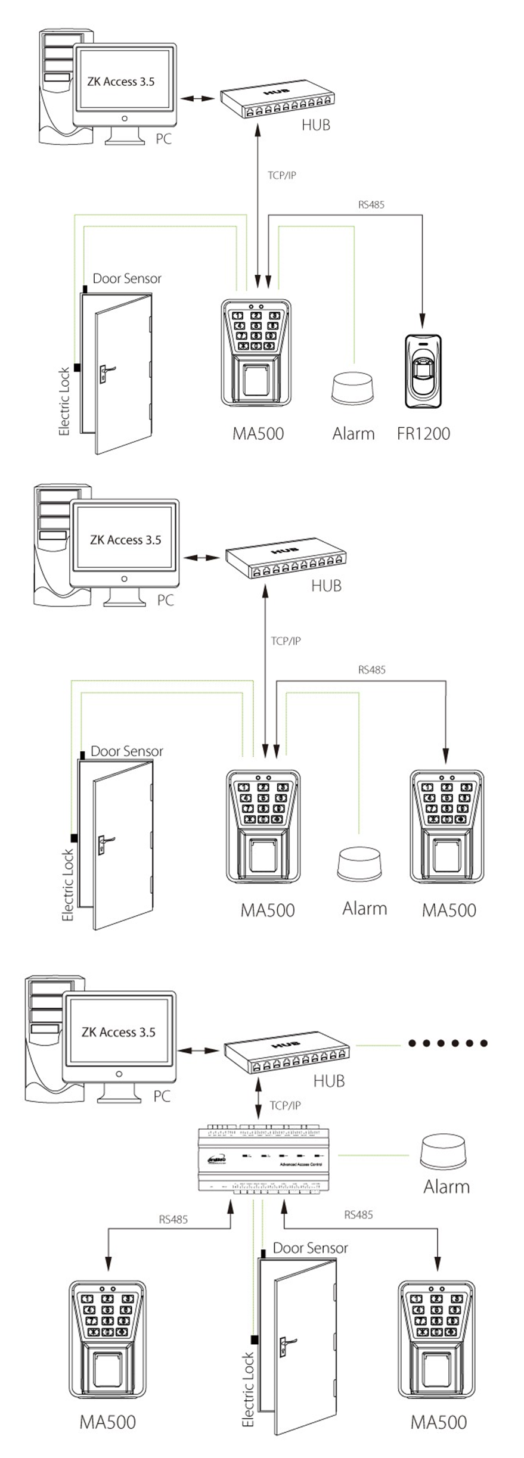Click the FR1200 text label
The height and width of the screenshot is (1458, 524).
click(x=423, y=433)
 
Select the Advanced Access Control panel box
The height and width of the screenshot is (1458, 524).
click(x=267, y=1159)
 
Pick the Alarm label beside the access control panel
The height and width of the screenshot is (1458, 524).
click(x=447, y=1186)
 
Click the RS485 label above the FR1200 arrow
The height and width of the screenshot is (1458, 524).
click(x=371, y=204)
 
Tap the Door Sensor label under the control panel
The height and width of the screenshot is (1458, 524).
click(x=310, y=1248)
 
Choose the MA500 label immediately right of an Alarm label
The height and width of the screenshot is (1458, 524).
click(x=449, y=910)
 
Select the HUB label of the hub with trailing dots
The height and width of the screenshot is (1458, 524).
click(x=329, y=1081)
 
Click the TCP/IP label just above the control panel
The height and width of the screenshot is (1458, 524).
click(x=285, y=1105)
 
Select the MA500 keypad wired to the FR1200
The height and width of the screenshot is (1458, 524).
click(x=256, y=353)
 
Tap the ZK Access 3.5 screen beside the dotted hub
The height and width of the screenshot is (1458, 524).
click(x=119, y=1032)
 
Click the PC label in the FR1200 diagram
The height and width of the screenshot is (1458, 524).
click(x=163, y=139)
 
